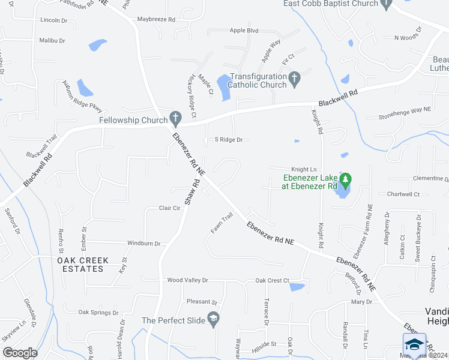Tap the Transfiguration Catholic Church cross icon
[294, 78]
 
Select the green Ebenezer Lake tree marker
[345, 179]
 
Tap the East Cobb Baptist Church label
[331, 4]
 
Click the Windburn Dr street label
[144, 244]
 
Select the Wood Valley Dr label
[187, 280]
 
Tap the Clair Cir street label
[170, 208]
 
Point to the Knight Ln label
[304, 170]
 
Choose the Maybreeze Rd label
[155, 19]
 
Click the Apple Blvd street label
[244, 31]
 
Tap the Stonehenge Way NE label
[405, 110]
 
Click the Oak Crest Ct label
[273, 280]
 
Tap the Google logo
[20, 353]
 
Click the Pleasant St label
[202, 302]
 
